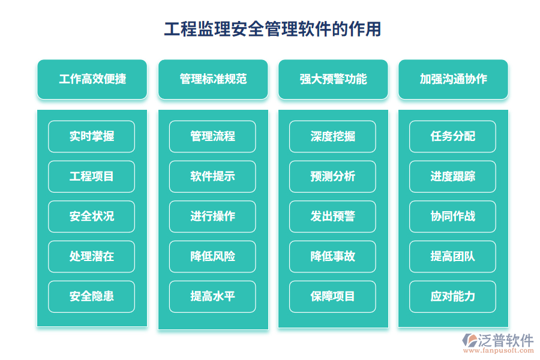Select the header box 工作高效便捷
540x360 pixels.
pos(92,79)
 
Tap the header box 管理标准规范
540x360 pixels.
pos(212,79)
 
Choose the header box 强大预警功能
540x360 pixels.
pos(333,79)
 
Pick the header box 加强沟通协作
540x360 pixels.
pos(453,79)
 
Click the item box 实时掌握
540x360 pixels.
pos(92,137)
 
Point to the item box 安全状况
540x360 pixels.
pos(92,217)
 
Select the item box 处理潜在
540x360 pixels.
pos(92,257)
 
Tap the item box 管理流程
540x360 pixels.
pos(212,137)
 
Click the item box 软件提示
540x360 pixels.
pos(212,176)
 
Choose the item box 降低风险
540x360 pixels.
pos(212,257)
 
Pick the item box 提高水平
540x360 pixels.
pos(212,296)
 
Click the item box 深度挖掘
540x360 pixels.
pos(333,137)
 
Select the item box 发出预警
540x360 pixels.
pos(333,217)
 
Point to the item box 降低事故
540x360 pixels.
pos(333,257)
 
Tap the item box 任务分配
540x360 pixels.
pos(453,137)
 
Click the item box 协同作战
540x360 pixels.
pos(453,217)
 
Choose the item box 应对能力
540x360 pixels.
pos(453,296)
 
